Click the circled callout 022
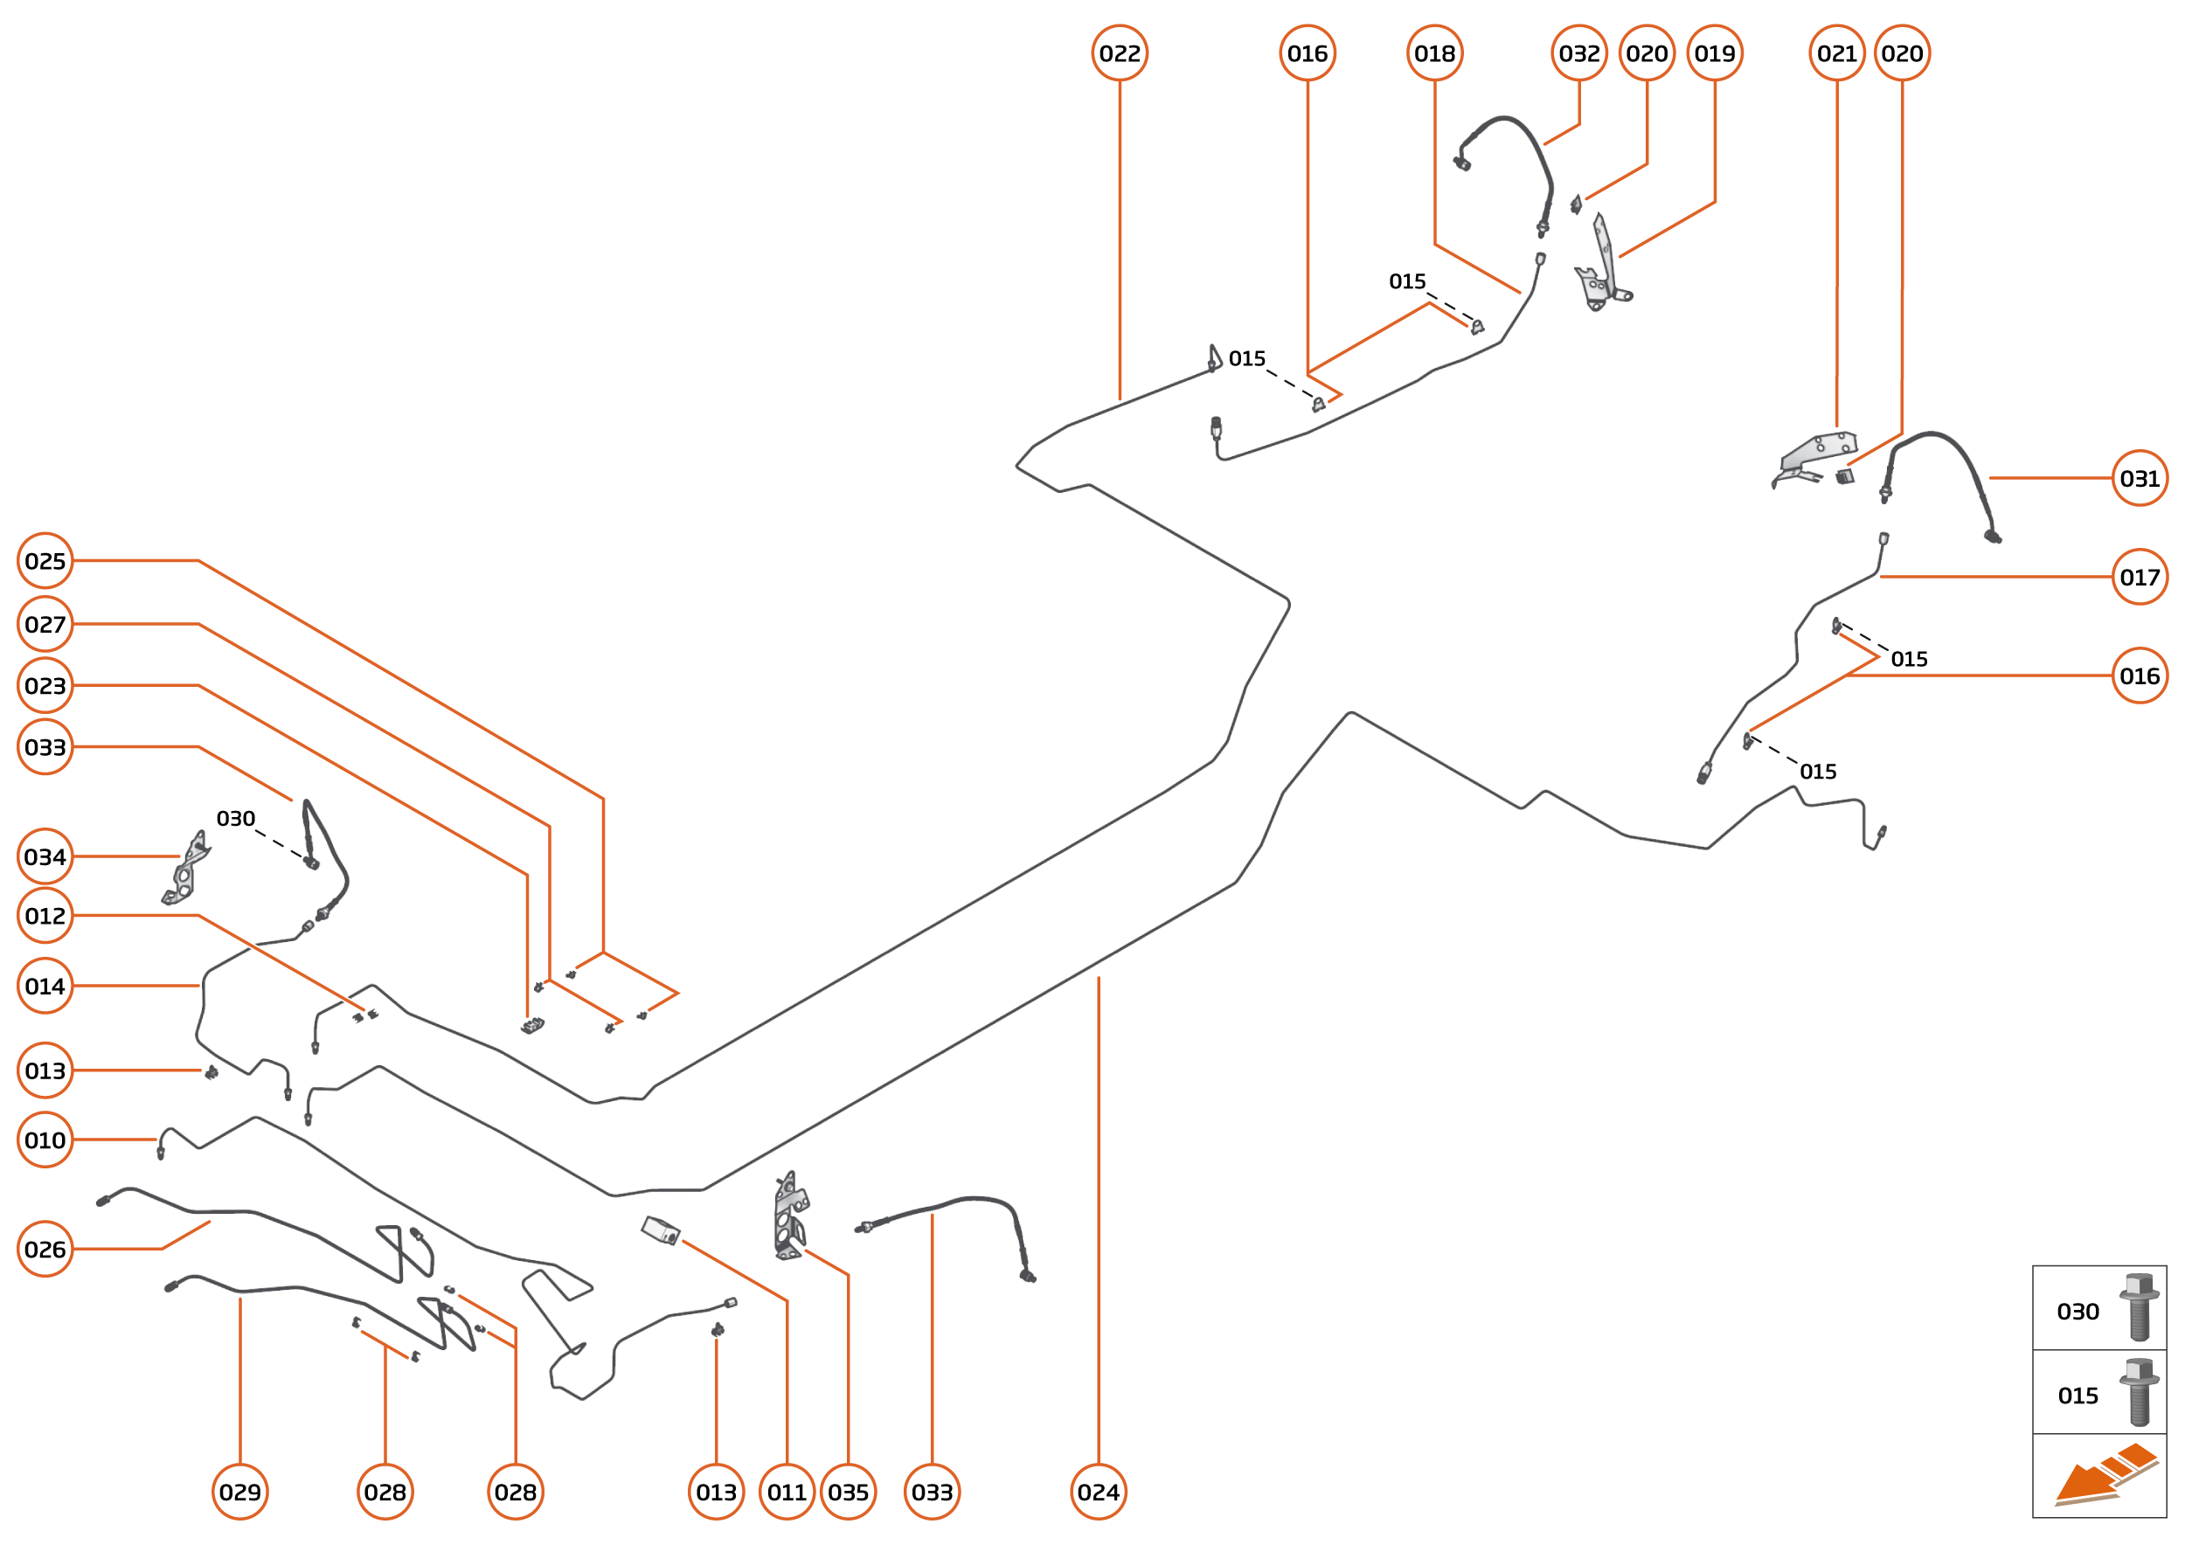point(1119,53)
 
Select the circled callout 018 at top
point(1434,53)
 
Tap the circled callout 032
point(1578,53)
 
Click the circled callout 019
point(1715,53)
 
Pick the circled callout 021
point(1836,53)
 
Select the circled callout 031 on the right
point(2140,478)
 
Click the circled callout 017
point(2140,577)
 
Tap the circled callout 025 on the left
point(45,560)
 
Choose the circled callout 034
point(45,856)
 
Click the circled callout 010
point(45,1139)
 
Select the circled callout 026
point(45,1248)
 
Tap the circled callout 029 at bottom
point(239,1492)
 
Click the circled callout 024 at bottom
point(1099,1492)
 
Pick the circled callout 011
point(787,1492)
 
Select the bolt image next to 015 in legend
point(2139,1391)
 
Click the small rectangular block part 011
point(661,1230)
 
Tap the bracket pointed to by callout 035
point(789,1216)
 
